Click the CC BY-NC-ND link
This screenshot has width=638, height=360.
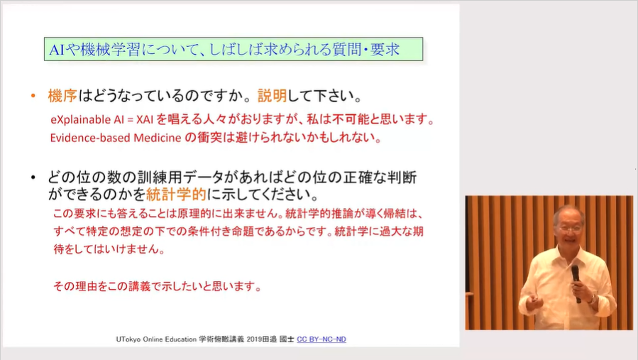pyautogui.click(x=321, y=339)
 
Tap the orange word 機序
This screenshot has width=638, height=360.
pyautogui.click(x=62, y=96)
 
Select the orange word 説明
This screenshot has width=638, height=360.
pyautogui.click(x=273, y=96)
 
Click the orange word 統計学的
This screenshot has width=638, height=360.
pyautogui.click(x=176, y=195)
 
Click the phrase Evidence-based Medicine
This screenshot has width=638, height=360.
pyautogui.click(x=116, y=138)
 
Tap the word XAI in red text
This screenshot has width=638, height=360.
pyautogui.click(x=145, y=120)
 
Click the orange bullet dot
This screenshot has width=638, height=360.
pyautogui.click(x=33, y=96)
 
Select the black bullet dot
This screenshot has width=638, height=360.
pyautogui.click(x=33, y=178)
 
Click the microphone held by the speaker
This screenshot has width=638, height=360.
pyautogui.click(x=576, y=283)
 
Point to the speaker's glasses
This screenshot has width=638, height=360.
pyautogui.click(x=569, y=229)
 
